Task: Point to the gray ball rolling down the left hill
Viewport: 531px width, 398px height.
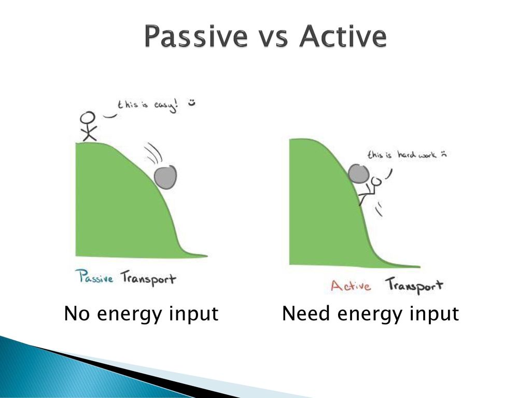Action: coord(165,177)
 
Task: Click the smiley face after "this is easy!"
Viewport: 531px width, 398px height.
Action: coord(192,102)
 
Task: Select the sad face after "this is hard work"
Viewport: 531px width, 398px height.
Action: coord(443,154)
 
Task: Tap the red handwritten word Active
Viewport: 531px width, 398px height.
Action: coord(351,286)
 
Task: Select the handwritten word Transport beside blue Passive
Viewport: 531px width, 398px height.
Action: coord(149,278)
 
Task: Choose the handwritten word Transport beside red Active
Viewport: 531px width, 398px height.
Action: coord(414,286)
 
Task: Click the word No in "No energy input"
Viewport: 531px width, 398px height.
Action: coord(77,314)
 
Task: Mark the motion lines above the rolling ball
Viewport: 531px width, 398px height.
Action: coord(153,153)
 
